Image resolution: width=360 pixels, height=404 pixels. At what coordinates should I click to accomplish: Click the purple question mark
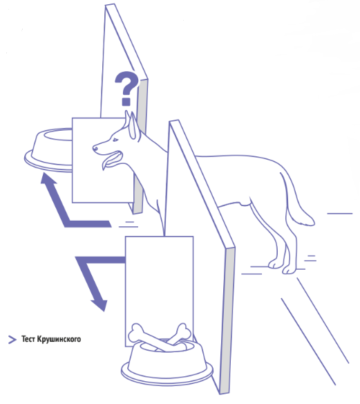[x=126, y=88]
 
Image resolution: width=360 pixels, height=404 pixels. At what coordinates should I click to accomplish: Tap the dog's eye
[x=115, y=140]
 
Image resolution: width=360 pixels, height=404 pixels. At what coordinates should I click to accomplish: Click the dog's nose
[x=95, y=148]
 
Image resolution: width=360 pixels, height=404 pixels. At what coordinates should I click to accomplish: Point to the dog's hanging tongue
[x=105, y=165]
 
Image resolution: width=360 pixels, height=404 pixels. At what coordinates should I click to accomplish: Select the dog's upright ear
[x=134, y=126]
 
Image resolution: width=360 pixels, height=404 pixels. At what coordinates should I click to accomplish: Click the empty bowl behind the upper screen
[x=48, y=149]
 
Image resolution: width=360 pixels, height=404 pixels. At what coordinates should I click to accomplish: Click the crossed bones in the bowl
[x=160, y=336]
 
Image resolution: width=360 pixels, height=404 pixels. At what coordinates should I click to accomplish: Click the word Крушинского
[x=59, y=339]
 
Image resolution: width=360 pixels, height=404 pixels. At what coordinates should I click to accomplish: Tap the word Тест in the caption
[x=28, y=339]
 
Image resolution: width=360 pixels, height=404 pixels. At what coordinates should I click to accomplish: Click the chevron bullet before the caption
[x=12, y=340]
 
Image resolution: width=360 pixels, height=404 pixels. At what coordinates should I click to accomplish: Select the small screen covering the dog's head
[x=103, y=160]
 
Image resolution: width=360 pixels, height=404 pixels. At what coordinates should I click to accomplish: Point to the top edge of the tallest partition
[x=110, y=5]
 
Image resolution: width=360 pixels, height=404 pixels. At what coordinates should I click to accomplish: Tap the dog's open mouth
[x=113, y=158]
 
